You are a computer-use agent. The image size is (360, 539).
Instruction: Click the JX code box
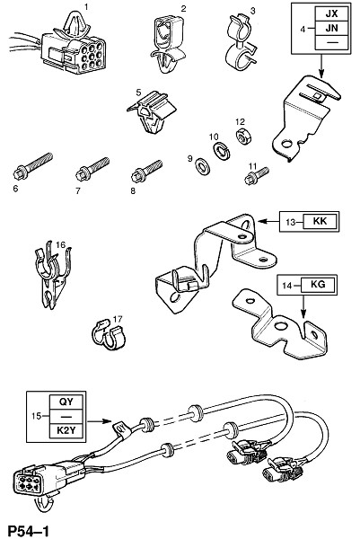(332, 13)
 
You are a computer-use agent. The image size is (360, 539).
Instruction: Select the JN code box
(332, 28)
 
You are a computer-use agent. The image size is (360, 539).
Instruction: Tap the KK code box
(320, 221)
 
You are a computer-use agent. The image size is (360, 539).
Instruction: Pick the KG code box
(318, 285)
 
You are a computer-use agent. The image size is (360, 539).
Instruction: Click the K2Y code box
(66, 430)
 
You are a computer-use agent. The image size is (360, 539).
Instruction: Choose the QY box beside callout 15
(66, 402)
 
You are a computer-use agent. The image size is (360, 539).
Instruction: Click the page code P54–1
(29, 531)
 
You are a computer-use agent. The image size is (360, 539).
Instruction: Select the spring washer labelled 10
(220, 151)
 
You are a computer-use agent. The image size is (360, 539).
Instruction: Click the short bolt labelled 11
(256, 175)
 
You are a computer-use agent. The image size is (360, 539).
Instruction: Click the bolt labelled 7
(92, 169)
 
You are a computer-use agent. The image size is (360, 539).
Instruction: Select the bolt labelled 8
(146, 171)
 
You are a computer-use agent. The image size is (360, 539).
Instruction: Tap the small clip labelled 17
(108, 335)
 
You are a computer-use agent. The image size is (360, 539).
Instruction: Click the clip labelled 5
(152, 111)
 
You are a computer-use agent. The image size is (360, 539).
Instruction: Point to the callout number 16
(60, 244)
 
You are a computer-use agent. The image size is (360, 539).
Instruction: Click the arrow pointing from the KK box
(268, 222)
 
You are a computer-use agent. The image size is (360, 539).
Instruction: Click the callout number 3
(253, 11)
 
